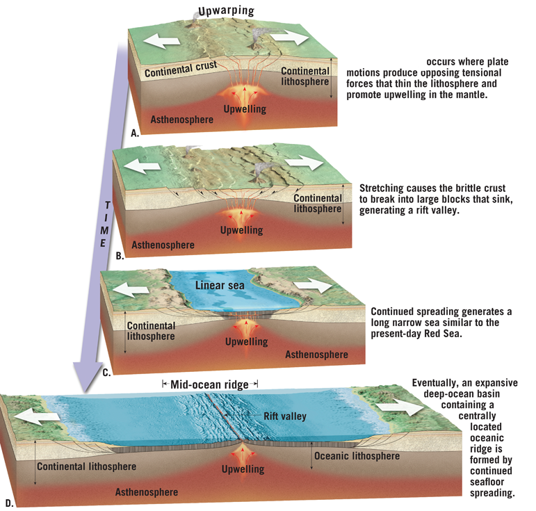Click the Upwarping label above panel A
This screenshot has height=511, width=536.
(227, 10)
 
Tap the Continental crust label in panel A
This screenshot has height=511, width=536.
(181, 69)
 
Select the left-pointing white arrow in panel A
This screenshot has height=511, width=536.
(161, 41)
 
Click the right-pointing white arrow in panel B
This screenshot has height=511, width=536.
(306, 163)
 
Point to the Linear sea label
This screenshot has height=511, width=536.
(220, 286)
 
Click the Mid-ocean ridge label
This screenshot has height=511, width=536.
(209, 384)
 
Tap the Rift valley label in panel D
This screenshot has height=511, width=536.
(285, 416)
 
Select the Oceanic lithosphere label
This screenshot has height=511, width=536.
(357, 455)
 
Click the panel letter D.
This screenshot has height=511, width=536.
(9, 503)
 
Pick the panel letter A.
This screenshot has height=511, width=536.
(135, 133)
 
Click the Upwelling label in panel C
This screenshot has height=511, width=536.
(247, 341)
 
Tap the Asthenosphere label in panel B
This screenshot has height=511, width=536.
(163, 245)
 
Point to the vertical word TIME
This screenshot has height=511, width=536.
(105, 225)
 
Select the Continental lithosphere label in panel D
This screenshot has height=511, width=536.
(86, 467)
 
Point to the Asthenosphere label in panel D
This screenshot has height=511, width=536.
(147, 492)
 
